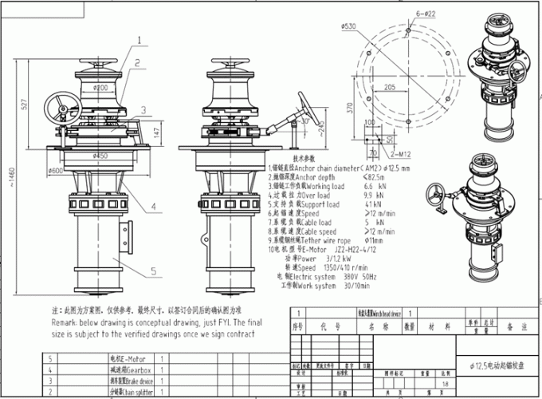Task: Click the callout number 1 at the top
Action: (x=139, y=38)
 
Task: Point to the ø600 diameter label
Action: (x=57, y=170)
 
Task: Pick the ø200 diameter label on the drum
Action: (x=101, y=86)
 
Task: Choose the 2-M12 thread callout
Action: (x=404, y=151)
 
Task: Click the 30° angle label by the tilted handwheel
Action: (x=322, y=121)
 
